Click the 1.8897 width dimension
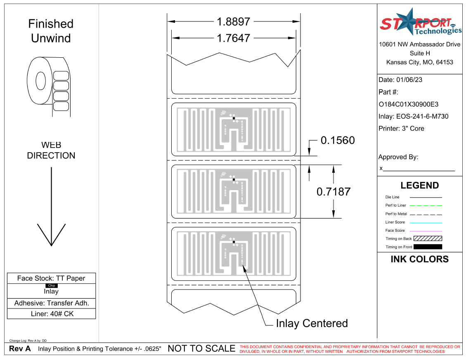click(234, 21)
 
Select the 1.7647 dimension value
click(234, 38)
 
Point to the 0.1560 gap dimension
click(338, 141)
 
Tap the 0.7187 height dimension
click(334, 192)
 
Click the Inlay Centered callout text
click(312, 324)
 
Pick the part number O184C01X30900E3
click(408, 104)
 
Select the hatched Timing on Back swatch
click(428, 239)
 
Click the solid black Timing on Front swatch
click(428, 247)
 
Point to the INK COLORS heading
click(419, 259)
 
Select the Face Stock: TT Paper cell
click(51, 278)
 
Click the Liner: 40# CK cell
click(51, 314)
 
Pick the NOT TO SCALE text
click(201, 349)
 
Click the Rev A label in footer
click(20, 349)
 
